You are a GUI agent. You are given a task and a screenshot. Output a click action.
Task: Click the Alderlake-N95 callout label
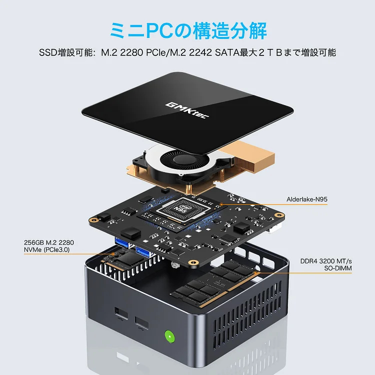[307, 199]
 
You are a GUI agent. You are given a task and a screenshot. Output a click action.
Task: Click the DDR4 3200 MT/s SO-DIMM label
[325, 264]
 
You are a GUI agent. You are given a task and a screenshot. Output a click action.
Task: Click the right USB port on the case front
[141, 324]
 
